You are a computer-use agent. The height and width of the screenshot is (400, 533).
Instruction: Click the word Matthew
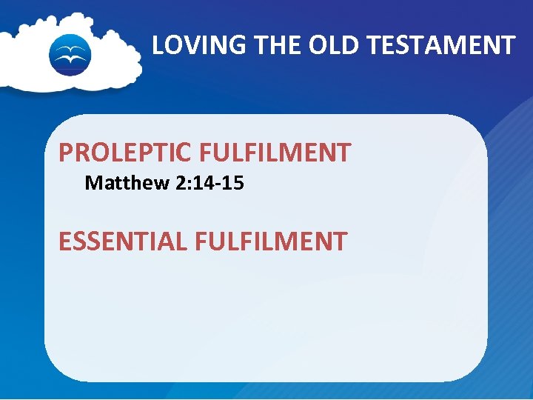tap(127, 182)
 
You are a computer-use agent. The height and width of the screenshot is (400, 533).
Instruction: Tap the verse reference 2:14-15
tap(209, 182)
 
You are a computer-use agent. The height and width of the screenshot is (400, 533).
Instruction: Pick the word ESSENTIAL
tap(123, 241)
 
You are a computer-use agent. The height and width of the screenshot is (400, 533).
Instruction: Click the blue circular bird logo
tap(70, 54)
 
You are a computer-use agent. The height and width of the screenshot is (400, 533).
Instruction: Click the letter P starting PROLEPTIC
tap(66, 153)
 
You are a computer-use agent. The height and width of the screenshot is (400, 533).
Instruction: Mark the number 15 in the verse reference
tap(232, 182)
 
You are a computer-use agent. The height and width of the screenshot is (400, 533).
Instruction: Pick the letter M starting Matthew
tap(93, 182)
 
